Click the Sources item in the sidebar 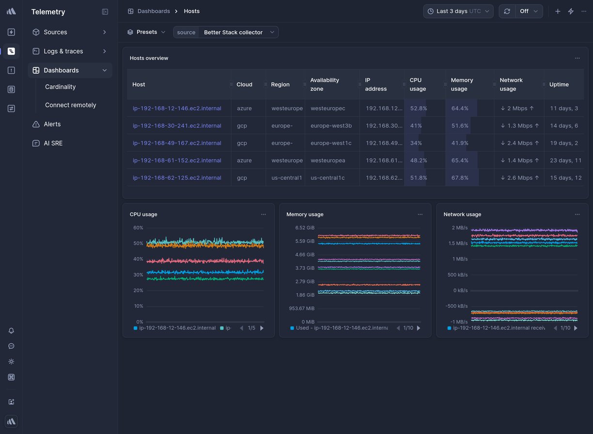pyautogui.click(x=55, y=32)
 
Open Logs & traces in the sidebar pyautogui.click(x=63, y=51)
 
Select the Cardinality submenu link pyautogui.click(x=60, y=87)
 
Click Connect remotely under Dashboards pyautogui.click(x=70, y=105)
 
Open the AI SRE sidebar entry pyautogui.click(x=53, y=143)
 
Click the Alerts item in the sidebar pyautogui.click(x=52, y=124)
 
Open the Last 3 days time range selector pyautogui.click(x=458, y=11)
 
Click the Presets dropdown pyautogui.click(x=146, y=32)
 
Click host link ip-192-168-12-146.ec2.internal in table pyautogui.click(x=177, y=108)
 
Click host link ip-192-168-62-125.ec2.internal pyautogui.click(x=177, y=178)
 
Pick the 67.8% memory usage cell pyautogui.click(x=460, y=178)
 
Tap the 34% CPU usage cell pyautogui.click(x=416, y=143)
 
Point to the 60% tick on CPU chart pyautogui.click(x=138, y=228)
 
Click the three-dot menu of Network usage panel pyautogui.click(x=577, y=214)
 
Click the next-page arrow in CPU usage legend pyautogui.click(x=262, y=328)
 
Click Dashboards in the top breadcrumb pyautogui.click(x=153, y=11)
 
